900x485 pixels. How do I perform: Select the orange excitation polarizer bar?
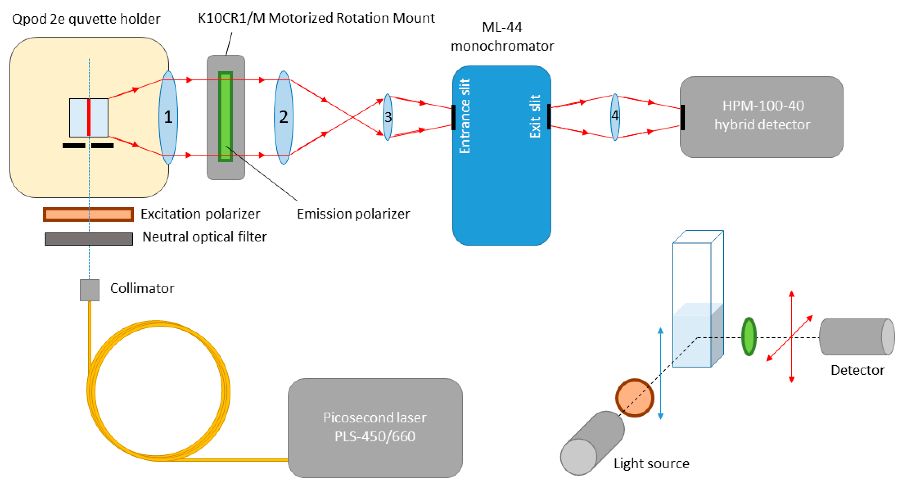pyautogui.click(x=89, y=214)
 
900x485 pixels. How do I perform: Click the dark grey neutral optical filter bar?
pyautogui.click(x=89, y=239)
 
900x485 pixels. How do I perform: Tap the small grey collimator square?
pyautogui.click(x=89, y=290)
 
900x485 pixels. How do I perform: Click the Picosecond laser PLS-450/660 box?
pyautogui.click(x=375, y=427)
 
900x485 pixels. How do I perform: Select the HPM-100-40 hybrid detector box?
pyautogui.click(x=761, y=117)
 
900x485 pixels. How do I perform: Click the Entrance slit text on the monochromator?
pyautogui.click(x=465, y=116)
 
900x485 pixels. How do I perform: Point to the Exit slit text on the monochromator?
pyautogui.click(x=535, y=116)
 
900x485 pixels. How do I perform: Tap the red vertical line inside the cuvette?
pyautogui.click(x=89, y=118)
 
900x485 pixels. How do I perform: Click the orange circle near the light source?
pyautogui.click(x=634, y=398)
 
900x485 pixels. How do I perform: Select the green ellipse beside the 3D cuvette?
pyautogui.click(x=749, y=336)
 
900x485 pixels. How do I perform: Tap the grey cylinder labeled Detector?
pyautogui.click(x=856, y=337)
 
